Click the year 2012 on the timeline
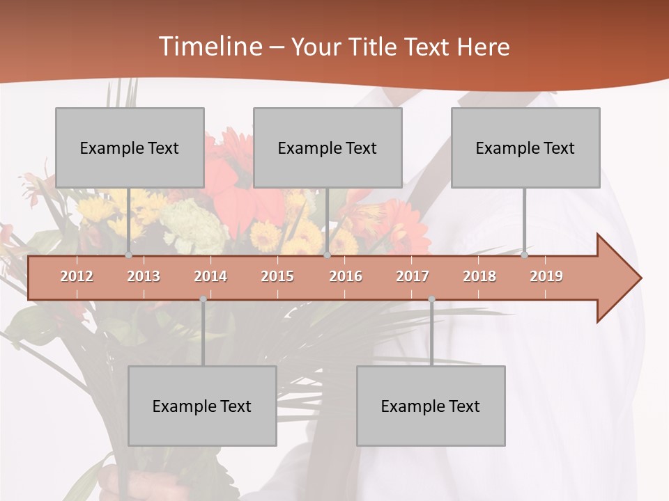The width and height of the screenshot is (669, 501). pos(77,276)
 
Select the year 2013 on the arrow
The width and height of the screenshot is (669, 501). pos(144,276)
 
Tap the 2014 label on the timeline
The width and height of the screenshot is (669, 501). pos(210,276)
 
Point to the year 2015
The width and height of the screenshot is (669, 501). pos(277,276)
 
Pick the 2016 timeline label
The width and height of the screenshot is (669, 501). pos(346,276)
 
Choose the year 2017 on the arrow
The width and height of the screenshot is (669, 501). pos(413,276)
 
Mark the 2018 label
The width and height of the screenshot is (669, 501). pos(479,276)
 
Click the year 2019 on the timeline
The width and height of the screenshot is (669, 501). pos(546,276)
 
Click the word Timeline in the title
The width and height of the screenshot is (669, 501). pos(210,47)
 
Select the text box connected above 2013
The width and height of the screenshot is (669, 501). pos(130,148)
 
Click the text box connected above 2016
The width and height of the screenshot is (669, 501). pos(328,148)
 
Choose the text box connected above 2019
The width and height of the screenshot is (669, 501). pos(525,148)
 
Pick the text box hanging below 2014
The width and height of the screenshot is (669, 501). pos(202,406)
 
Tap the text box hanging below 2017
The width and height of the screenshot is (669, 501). pos(431,406)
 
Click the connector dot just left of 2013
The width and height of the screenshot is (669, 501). pos(129,255)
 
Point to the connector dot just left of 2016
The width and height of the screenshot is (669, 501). pos(328,255)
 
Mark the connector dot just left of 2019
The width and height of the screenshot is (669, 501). pos(525,255)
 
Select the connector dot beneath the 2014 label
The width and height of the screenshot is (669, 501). pos(203,299)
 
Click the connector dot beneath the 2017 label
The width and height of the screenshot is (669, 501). pos(431,299)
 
